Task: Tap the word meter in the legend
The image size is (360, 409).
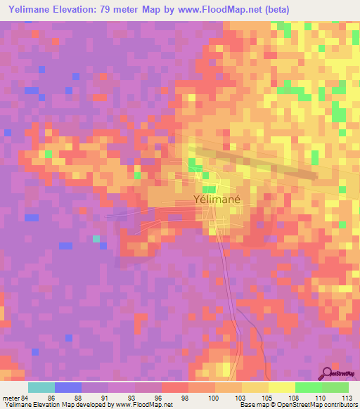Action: click(11, 397)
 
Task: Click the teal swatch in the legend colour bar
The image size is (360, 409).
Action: click(41, 387)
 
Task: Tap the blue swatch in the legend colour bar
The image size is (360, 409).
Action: click(68, 387)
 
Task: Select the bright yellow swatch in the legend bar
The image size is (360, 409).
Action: click(281, 387)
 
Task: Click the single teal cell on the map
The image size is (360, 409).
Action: click(96, 239)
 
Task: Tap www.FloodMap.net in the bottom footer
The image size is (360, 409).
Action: click(143, 405)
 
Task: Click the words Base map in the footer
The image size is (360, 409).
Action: click(250, 405)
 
